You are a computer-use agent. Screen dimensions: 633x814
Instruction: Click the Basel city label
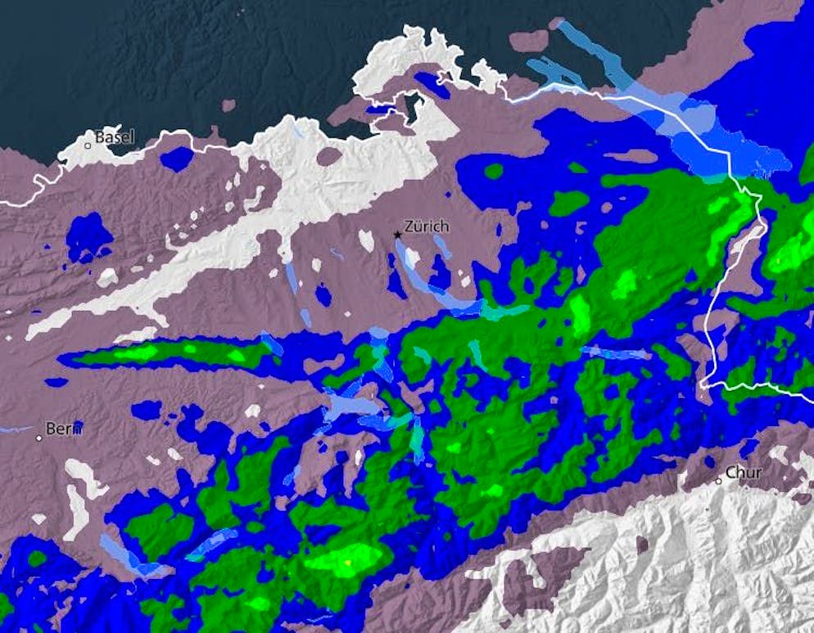pyautogui.click(x=115, y=137)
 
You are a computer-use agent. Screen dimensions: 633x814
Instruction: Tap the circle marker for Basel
pyautogui.click(x=88, y=146)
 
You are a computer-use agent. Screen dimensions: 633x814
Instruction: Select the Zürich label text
pyautogui.click(x=427, y=227)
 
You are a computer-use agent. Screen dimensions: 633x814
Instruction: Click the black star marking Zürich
pyautogui.click(x=398, y=235)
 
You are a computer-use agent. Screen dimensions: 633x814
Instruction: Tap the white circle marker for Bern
pyautogui.click(x=38, y=438)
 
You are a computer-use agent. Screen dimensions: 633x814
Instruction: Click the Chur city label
pyautogui.click(x=744, y=473)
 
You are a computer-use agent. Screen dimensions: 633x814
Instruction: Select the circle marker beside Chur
pyautogui.click(x=718, y=481)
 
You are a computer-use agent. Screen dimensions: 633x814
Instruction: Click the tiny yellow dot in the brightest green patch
pyautogui.click(x=348, y=563)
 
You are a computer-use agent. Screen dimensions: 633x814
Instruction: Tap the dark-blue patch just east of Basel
pyautogui.click(x=176, y=159)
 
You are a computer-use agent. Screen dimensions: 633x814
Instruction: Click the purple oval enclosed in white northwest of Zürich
pyautogui.click(x=328, y=156)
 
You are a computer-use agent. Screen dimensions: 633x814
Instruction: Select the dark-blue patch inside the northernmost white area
pyautogui.click(x=427, y=82)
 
